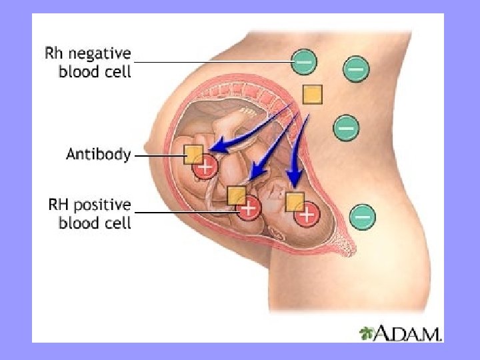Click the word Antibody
pyautogui.click(x=98, y=155)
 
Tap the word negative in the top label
pyautogui.click(x=101, y=52)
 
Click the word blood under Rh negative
pyautogui.click(x=75, y=71)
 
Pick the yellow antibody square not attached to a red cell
pyautogui.click(x=312, y=95)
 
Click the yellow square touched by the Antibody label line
pyautogui.click(x=193, y=154)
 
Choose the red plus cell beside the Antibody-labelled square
pyautogui.click(x=205, y=166)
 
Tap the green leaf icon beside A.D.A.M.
pyautogui.click(x=367, y=332)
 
